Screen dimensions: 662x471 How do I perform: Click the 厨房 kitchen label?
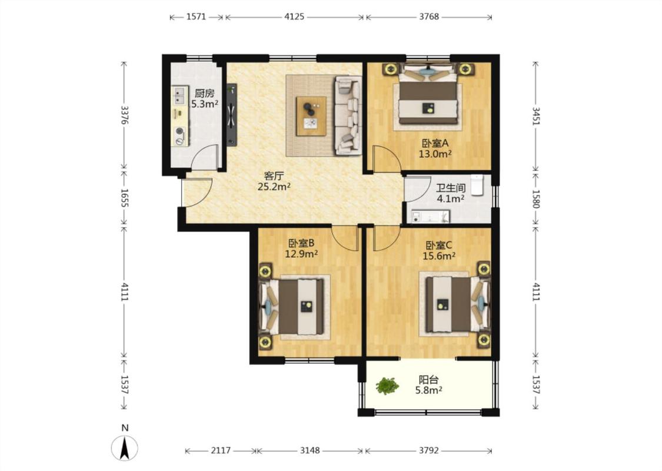coord(205,93)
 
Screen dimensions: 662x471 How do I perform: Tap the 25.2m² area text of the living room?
coord(274,186)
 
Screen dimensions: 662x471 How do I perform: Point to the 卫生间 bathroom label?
coord(451,188)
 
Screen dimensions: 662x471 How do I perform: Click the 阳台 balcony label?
coord(428,379)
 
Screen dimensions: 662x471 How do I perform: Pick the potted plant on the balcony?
coord(387,386)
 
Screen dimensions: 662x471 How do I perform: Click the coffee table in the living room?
coord(311,116)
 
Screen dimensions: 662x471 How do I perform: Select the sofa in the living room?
coord(348,115)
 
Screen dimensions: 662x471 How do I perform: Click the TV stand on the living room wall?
coord(231,115)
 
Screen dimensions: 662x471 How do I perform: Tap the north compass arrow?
coord(125,448)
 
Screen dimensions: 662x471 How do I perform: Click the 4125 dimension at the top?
coord(294,17)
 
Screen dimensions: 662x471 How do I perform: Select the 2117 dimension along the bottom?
coord(221,451)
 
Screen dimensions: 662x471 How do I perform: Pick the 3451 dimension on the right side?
coord(535,116)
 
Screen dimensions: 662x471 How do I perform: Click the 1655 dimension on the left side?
coord(124,198)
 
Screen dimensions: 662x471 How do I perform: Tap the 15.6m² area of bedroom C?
coord(439,256)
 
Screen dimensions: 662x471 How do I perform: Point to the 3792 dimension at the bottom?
coord(429,451)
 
